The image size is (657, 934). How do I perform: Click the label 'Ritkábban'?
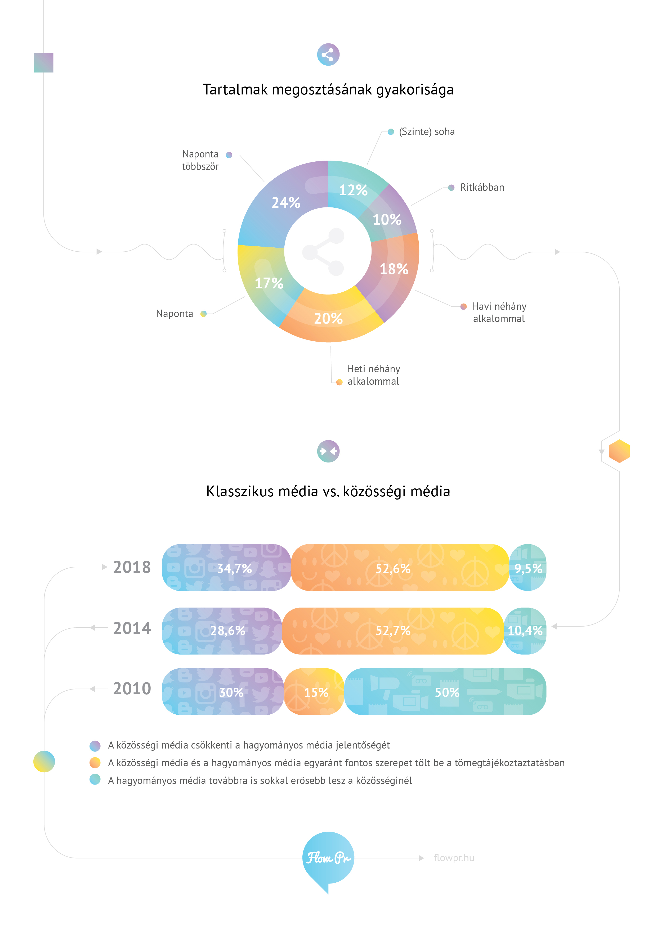[482, 188]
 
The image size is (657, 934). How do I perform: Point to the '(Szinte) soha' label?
[427, 132]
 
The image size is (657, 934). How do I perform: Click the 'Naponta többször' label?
[200, 160]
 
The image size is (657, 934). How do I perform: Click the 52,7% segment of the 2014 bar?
[393, 631]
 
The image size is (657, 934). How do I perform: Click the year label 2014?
[132, 628]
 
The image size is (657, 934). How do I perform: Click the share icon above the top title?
[328, 55]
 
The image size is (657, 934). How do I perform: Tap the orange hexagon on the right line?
[619, 451]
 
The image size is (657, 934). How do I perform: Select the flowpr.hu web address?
[454, 858]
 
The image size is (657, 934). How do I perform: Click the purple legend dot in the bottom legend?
[95, 745]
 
